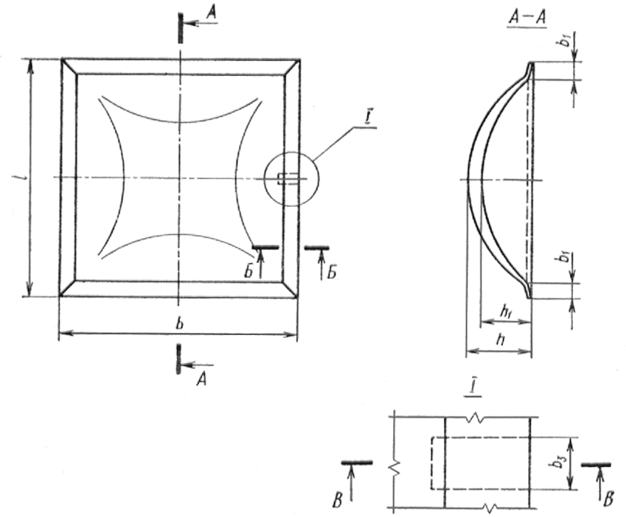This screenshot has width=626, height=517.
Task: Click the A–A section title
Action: pos(527,18)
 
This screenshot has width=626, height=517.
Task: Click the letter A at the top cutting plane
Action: pos(212,13)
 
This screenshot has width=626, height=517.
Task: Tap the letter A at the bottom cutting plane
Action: pos(202,380)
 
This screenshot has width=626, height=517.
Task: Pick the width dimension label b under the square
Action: pos(180,323)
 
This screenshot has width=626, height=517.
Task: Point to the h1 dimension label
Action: pos(507,310)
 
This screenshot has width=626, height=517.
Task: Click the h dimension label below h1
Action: pos(500,340)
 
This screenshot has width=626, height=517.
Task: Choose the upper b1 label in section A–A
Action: pos(564,41)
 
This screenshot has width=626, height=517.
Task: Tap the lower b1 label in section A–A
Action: pos(564,257)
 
